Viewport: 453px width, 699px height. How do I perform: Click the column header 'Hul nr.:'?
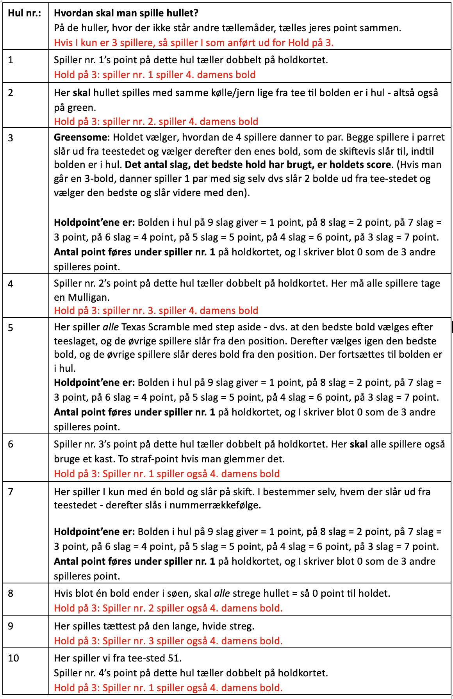24,13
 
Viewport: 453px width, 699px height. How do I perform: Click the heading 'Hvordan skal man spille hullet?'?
126,13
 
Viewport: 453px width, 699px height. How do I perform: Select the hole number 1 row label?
11,60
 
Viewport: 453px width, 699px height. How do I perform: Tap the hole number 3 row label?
11,138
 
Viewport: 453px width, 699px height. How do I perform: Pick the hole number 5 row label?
11,328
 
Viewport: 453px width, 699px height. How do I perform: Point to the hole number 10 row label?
13,658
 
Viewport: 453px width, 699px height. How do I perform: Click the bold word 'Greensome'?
80,137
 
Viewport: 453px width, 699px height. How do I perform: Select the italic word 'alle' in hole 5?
111,327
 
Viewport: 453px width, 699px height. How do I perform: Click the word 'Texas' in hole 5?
134,327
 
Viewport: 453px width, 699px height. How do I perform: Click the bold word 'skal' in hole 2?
82,93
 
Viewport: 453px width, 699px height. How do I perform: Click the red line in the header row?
194,43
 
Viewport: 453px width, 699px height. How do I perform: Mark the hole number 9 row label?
11,626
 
